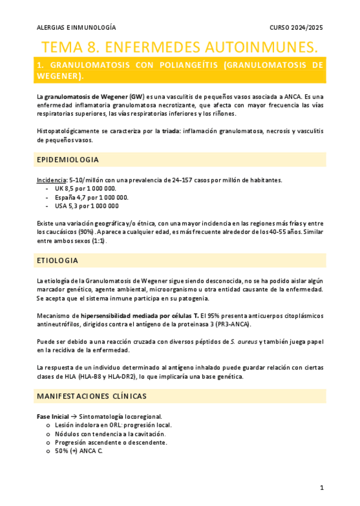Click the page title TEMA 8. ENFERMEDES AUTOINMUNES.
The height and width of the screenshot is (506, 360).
180,47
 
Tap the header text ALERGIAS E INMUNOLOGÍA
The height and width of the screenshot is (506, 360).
76,27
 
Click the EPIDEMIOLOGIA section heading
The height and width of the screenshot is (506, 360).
67,160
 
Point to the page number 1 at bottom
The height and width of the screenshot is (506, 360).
321,488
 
